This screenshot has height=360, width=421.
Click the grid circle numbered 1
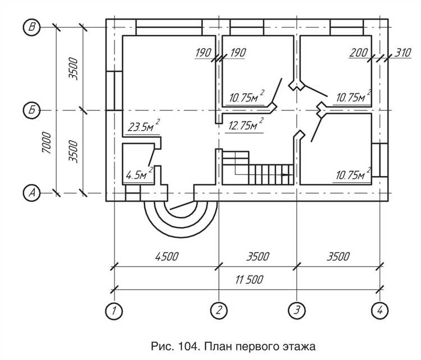click(115, 310)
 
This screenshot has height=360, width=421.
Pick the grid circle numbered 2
click(218, 310)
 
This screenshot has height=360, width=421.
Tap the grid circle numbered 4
click(381, 310)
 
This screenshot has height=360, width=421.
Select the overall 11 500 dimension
click(248, 279)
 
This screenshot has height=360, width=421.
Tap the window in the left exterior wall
click(110, 90)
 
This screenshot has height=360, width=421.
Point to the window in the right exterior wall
click(377, 160)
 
